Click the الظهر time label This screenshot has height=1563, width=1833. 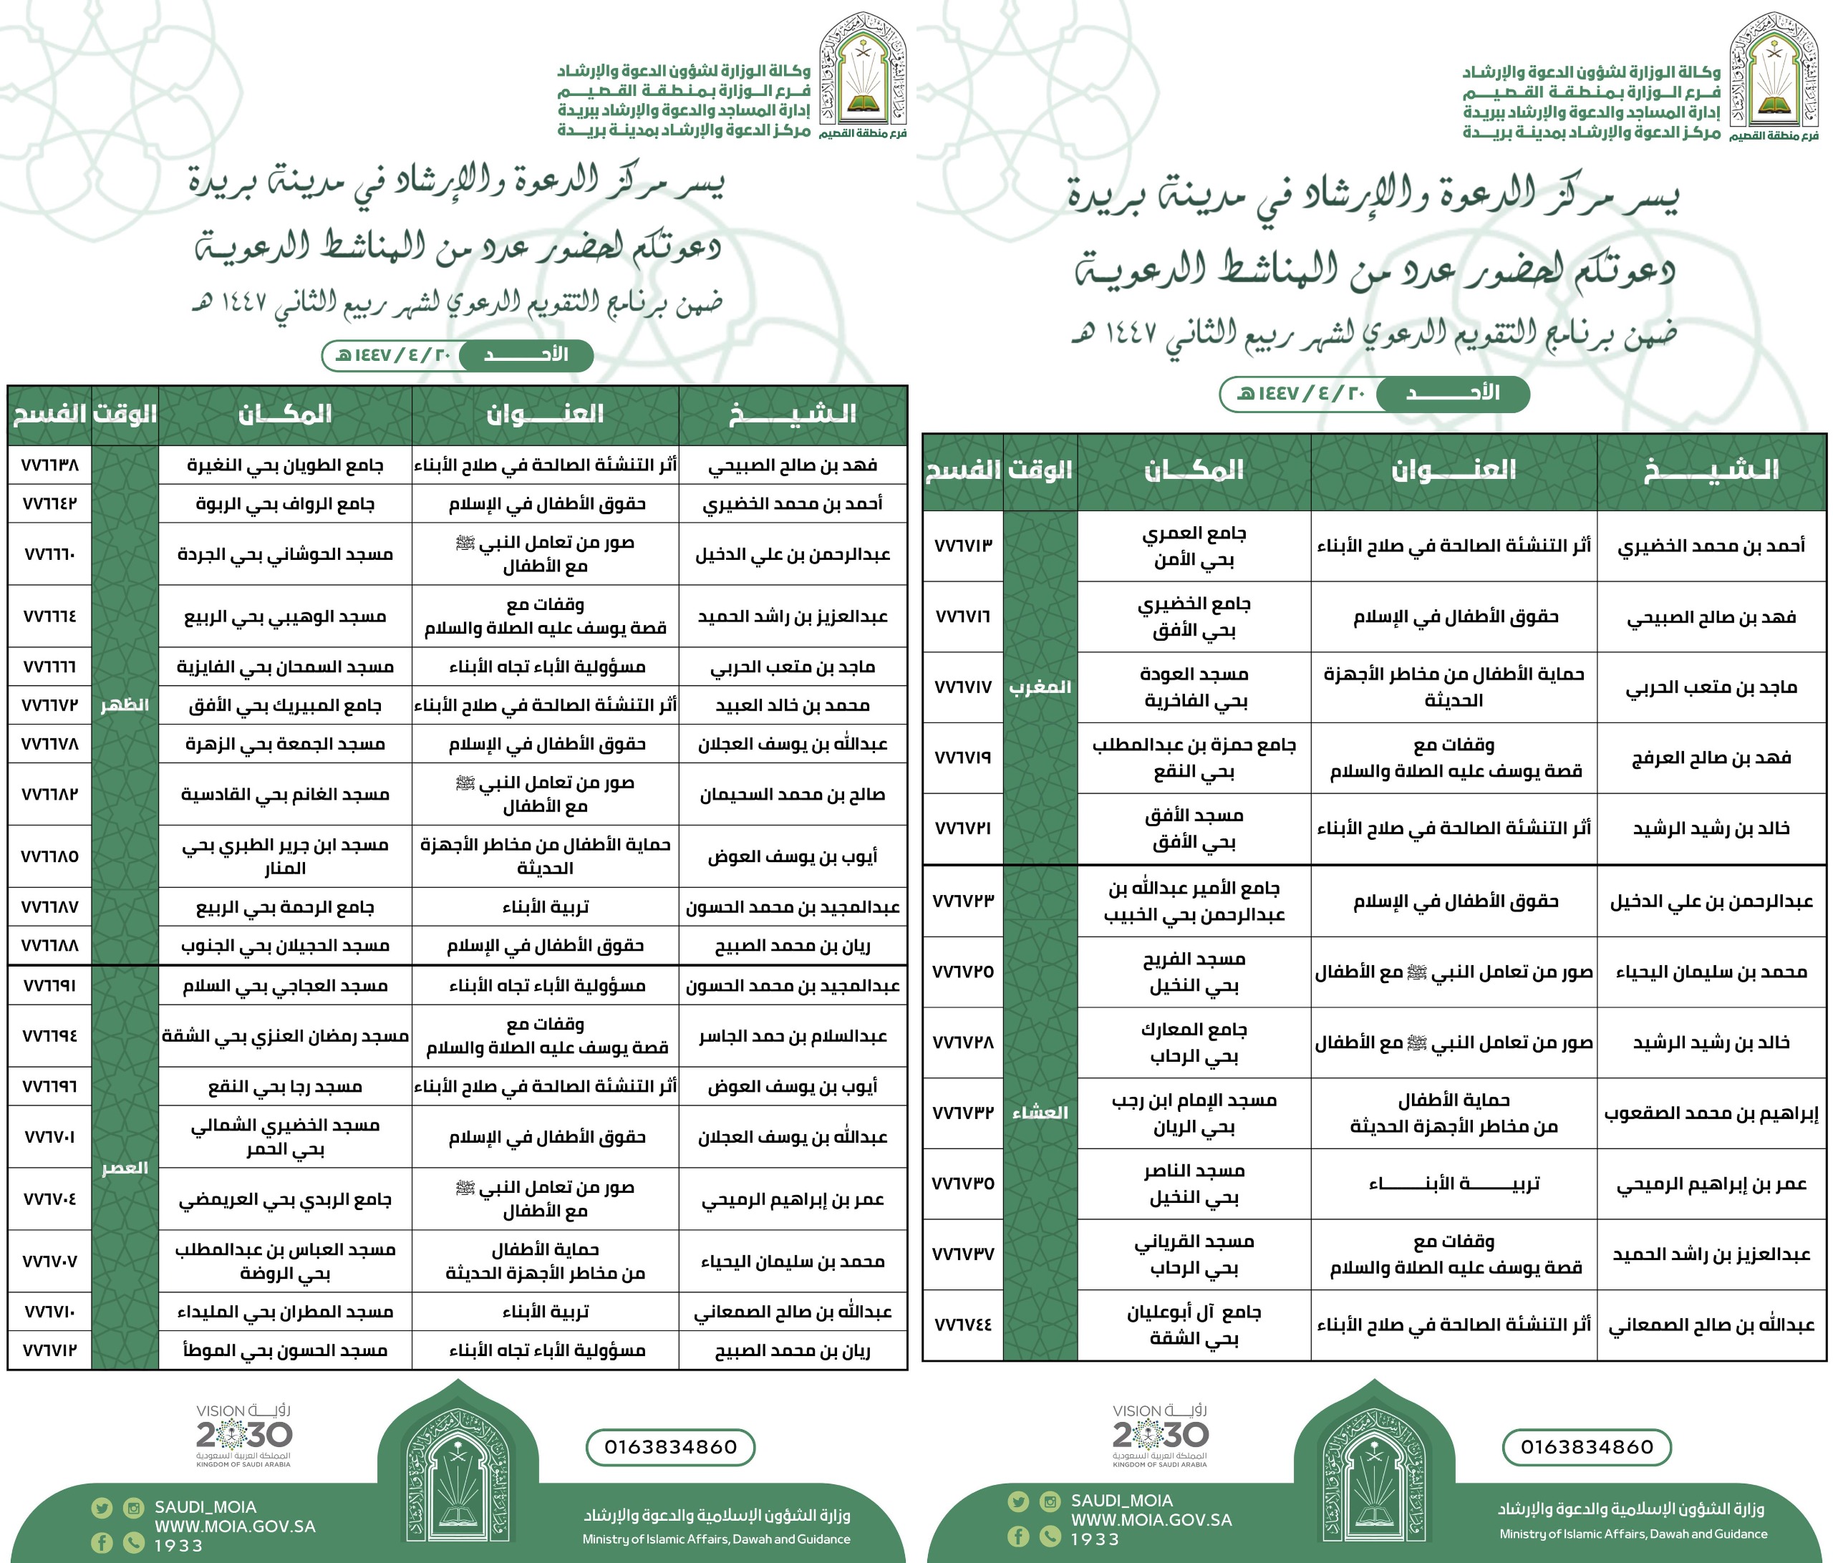tap(125, 705)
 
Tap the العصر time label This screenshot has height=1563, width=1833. tap(125, 1168)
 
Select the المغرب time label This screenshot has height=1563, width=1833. tap(1040, 687)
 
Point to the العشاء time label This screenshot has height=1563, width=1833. tap(1040, 1113)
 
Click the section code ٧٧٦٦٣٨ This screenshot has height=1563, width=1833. tap(49, 465)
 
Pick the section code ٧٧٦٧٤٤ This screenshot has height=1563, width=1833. tap(963, 1325)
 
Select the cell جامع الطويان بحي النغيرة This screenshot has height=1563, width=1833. tap(285, 465)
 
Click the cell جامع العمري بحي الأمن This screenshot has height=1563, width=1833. tap(1194, 546)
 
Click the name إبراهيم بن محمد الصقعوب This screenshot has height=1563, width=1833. tap(1711, 1113)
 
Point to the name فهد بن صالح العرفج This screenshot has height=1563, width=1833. tap(1711, 758)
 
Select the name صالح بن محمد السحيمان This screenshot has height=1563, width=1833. tap(793, 794)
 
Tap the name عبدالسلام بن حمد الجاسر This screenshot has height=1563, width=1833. tap(793, 1036)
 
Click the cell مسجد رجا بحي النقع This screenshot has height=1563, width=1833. tap(285, 1086)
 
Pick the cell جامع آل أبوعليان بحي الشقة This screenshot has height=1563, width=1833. tap(1194, 1325)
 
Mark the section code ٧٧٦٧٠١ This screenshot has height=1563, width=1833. tap(49, 1137)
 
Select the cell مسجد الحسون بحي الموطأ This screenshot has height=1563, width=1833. tap(285, 1350)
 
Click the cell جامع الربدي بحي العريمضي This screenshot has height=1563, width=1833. tap(285, 1199)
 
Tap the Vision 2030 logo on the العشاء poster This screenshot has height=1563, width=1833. tap(1160, 1435)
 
